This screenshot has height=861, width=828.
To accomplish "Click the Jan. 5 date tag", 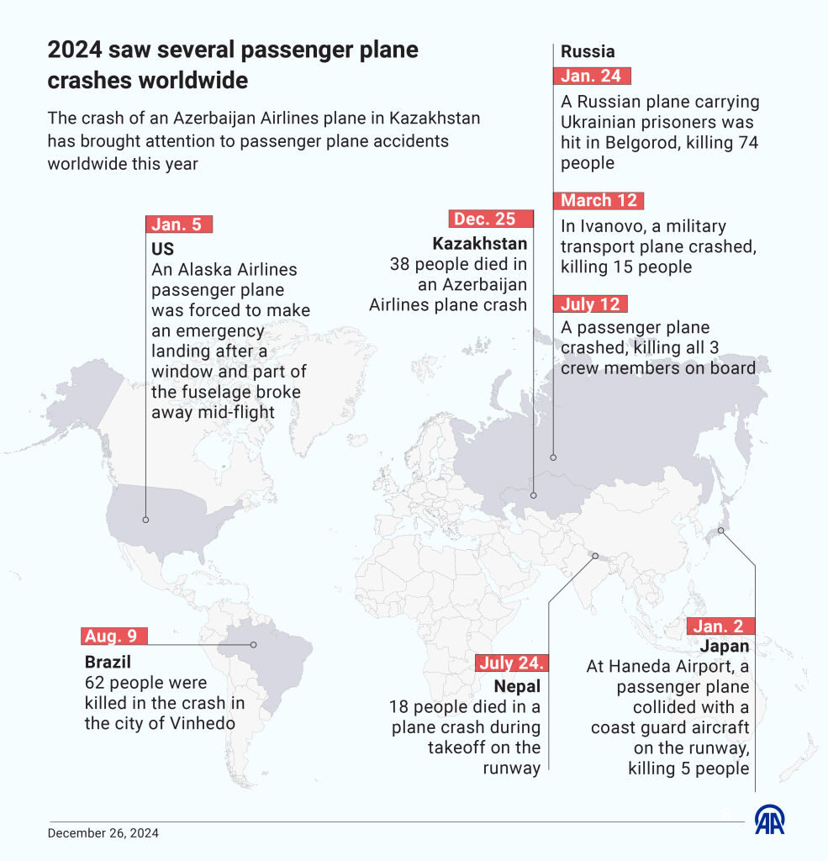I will pos(179,224).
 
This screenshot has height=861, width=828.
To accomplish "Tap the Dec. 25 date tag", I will pos(491,219).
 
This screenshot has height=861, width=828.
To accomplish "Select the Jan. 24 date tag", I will pos(591,76).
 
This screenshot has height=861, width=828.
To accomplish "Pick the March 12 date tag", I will pos(599,200).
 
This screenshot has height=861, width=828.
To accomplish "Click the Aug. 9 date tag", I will pos(115,637).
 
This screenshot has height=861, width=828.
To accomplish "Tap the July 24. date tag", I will pos(513,663).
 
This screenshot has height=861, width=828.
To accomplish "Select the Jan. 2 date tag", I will pos(720,626).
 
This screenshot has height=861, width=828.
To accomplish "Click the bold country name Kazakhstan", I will pos(480,244).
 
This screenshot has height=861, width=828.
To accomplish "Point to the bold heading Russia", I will pos(588,51).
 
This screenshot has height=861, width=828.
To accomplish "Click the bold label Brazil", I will pos(108,662).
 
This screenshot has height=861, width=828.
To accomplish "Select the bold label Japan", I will pos(724,647).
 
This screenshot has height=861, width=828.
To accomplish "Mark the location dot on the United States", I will pos(145,520).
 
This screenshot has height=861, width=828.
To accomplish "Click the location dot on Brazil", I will pos(255,645).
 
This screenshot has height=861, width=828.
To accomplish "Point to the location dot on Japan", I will pos(720,531).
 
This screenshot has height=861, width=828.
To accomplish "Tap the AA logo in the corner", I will pos(770,820).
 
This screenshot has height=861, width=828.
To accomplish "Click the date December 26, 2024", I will pos(103,834).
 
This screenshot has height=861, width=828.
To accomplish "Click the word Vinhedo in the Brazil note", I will pos(203,723).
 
